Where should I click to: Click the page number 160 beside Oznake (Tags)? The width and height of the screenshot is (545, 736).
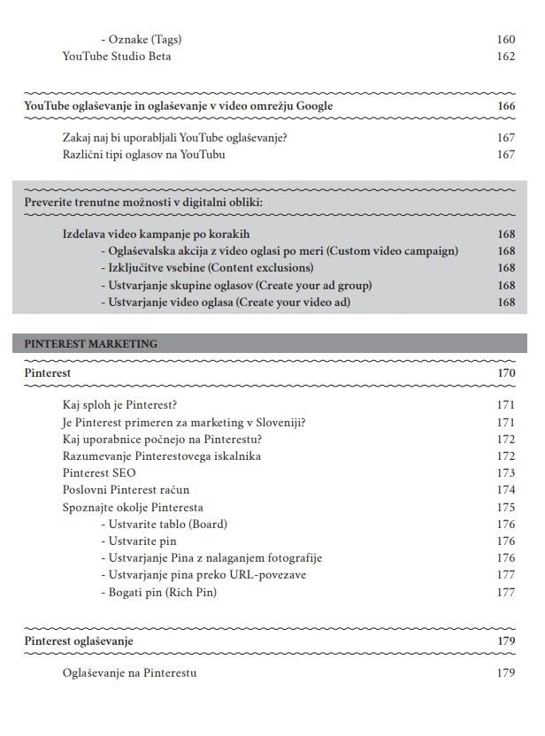[x=505, y=40]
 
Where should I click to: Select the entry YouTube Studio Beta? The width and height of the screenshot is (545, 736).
[x=117, y=57]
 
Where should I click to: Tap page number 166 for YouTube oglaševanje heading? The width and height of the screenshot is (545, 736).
[x=505, y=106]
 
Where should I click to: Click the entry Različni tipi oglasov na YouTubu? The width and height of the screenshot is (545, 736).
[x=144, y=156]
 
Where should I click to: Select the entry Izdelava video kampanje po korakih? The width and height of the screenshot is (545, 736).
[x=157, y=234]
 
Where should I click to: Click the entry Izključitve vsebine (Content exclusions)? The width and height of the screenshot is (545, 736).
[x=207, y=268]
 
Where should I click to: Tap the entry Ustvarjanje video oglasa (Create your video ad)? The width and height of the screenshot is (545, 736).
[x=226, y=302]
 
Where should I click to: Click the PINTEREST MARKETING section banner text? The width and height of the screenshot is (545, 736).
[x=91, y=343]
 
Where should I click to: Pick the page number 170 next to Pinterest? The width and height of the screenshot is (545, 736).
[x=505, y=374]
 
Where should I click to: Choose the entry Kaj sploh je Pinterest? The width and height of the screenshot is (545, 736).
[x=120, y=405]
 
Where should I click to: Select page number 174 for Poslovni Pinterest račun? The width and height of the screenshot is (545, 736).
[x=505, y=490]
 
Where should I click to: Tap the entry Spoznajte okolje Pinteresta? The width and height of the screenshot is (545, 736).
[x=133, y=507]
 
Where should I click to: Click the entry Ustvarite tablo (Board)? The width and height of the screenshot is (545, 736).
[x=165, y=525]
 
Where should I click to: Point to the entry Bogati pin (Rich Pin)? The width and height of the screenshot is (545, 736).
[x=159, y=592]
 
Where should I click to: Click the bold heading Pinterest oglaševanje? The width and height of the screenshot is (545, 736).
[x=79, y=641]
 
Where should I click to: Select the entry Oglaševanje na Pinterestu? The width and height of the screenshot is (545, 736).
[x=130, y=673]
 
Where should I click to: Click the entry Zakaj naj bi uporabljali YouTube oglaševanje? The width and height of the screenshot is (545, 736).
[x=175, y=139]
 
